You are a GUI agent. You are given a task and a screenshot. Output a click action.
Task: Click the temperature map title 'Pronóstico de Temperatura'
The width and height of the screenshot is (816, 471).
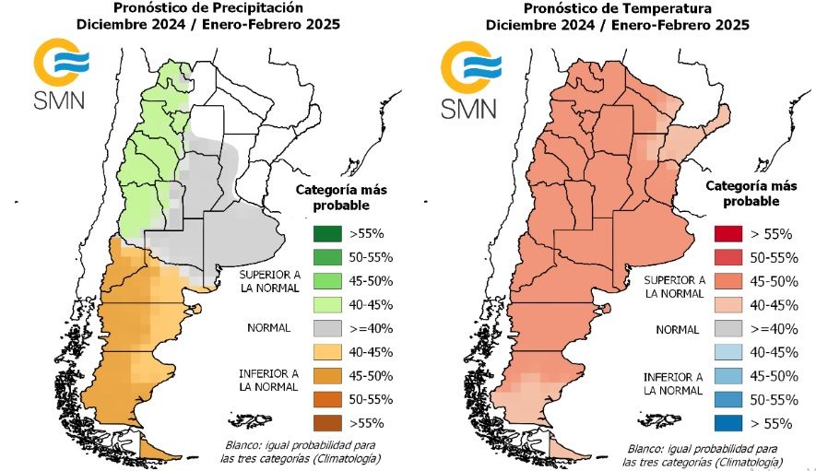[614, 8]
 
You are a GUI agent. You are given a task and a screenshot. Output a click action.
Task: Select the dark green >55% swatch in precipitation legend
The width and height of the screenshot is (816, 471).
[326, 232]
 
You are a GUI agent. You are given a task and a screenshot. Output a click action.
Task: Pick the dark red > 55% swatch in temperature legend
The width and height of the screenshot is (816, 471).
[729, 233]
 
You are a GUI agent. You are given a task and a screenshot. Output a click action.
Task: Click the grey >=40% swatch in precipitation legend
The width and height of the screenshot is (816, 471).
[326, 328]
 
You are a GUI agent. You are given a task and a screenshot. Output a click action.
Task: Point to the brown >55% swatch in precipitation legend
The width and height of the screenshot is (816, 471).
[326, 423]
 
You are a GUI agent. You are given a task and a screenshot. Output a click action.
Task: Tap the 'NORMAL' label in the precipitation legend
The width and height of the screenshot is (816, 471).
[268, 327]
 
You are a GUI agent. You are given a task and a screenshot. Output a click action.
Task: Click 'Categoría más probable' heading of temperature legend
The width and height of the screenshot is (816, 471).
[743, 194]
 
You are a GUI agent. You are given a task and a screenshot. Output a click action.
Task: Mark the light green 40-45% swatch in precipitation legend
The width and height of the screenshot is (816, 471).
[326, 304]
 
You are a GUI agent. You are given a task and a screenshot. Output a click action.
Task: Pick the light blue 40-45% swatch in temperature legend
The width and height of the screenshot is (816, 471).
[729, 352]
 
